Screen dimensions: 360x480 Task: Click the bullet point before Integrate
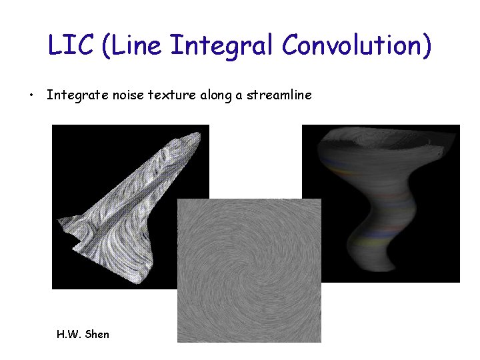coord(31,95)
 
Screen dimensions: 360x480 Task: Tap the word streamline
coord(279,95)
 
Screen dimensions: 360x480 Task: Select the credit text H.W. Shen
coord(83,333)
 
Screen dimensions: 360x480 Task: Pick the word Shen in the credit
coord(97,333)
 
